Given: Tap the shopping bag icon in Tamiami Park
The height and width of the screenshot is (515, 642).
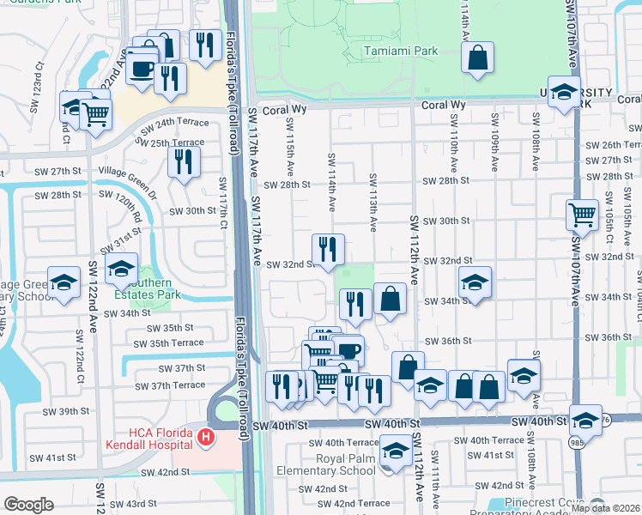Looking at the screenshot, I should point(477,59).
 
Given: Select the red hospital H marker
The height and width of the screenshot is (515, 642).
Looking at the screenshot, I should point(205,438).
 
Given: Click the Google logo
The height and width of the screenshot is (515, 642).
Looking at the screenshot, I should point(28,505).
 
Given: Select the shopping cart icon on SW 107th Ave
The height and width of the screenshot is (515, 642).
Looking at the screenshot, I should point(582,215).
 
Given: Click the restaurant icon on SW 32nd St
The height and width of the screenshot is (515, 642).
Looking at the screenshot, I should point(328,250).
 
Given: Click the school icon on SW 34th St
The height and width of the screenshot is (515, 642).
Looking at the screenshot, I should point(474,282).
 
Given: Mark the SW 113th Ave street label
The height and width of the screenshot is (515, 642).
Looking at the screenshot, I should point(373,202).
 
